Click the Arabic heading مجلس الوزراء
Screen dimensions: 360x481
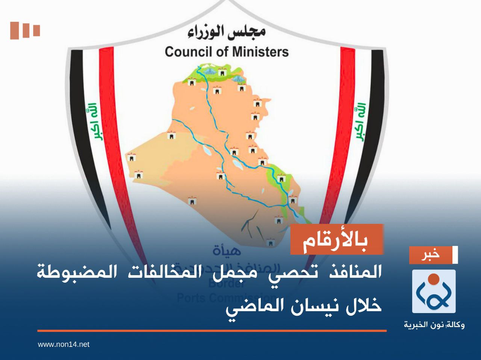[x=227, y=33]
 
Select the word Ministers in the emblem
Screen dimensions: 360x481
[x=259, y=51]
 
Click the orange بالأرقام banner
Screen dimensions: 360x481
[x=336, y=239]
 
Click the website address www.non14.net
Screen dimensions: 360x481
[x=64, y=344]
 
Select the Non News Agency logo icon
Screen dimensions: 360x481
[x=434, y=291]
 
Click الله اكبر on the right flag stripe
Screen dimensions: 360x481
[x=360, y=122]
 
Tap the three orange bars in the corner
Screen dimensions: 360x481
[x=25, y=30]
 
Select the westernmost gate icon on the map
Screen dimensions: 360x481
[x=131, y=157]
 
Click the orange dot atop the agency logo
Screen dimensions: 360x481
[x=434, y=279]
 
